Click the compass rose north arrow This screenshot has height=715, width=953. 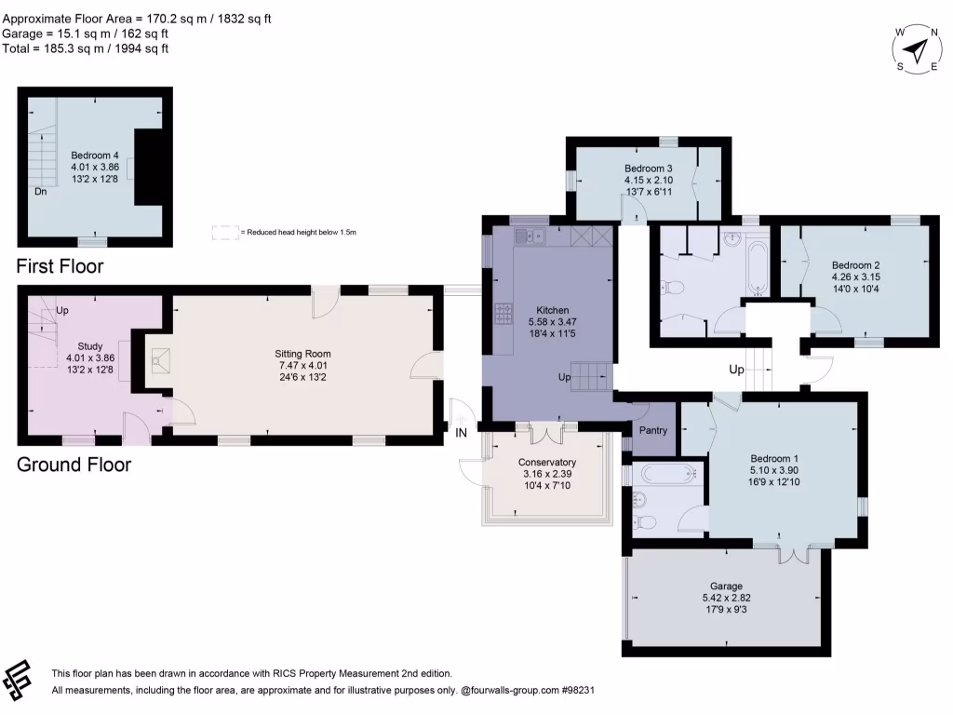(x=918, y=48)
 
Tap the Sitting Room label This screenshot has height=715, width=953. (x=302, y=354)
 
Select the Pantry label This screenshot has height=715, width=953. (x=653, y=430)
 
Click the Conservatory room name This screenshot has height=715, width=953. (x=546, y=463)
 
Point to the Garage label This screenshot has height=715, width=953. (x=727, y=587)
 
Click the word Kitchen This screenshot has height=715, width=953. (x=552, y=311)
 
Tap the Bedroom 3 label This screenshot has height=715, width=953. (x=649, y=168)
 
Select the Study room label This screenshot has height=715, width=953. (x=90, y=345)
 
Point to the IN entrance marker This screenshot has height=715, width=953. (x=462, y=431)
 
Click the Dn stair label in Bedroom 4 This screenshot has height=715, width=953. (x=41, y=192)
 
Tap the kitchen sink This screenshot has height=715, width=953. (x=531, y=236)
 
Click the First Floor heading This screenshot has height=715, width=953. (x=60, y=267)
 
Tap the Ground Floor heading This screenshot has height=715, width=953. (x=74, y=464)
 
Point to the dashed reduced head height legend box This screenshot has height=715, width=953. (x=224, y=231)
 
